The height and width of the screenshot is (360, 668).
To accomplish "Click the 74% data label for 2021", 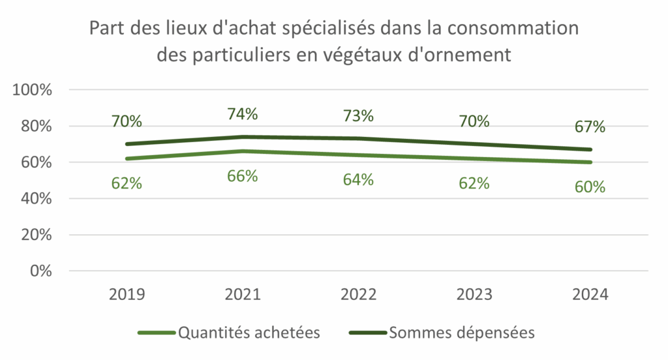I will tap(243, 113).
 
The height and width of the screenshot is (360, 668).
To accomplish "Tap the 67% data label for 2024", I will tap(590, 126).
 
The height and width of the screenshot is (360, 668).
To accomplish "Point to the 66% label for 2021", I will tap(243, 176).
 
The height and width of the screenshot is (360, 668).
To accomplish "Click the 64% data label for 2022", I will tap(358, 179).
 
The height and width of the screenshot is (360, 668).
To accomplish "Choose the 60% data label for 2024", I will tap(590, 187).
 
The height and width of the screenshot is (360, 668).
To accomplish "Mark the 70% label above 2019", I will tap(127, 121).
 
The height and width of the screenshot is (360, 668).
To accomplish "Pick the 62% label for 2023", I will tap(474, 183).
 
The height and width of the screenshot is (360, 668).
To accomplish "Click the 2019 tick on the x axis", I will tap(127, 294).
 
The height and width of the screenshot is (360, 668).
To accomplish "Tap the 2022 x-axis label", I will tap(358, 294).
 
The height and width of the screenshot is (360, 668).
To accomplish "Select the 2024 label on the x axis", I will tap(590, 294).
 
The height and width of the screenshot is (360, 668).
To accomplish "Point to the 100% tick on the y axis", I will tap(33, 90).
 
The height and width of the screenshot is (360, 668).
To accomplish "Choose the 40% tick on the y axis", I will tap(37, 199).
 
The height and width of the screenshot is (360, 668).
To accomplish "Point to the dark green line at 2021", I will tap(243, 137).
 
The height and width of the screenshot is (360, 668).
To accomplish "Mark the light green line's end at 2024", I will tap(590, 162).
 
